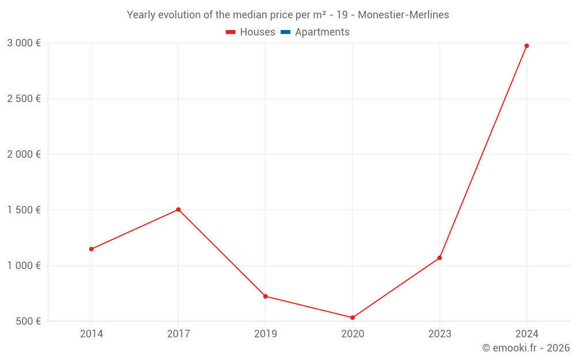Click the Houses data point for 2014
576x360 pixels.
point(91,249)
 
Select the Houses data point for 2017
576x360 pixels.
point(179,210)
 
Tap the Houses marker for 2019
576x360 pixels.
point(266,296)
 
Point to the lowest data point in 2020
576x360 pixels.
point(353,317)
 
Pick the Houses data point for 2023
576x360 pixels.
point(439,257)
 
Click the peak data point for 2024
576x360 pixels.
point(526,46)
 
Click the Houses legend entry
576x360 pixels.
point(251,32)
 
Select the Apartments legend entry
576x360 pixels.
point(315,32)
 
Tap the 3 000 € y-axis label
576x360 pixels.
point(24,43)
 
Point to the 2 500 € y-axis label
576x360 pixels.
point(24,98)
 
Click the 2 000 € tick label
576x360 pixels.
point(24,154)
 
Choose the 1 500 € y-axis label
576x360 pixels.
point(24,210)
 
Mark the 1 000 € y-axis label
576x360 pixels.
point(24,266)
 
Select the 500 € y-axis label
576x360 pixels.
point(28,321)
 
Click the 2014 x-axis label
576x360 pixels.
point(91,334)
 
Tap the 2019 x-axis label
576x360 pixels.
point(266,334)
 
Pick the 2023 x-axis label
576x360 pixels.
point(439,334)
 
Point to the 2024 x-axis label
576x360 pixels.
point(526,334)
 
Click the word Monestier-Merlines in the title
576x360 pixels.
point(403,15)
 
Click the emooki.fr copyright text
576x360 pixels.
point(526,348)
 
